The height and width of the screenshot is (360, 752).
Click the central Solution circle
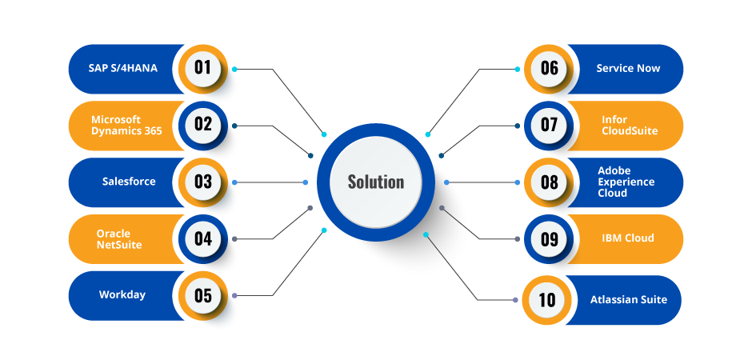click(376, 182)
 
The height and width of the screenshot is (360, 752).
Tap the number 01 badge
click(202, 67)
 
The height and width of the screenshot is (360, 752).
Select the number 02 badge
click(202, 125)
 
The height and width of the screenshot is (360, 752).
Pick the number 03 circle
click(202, 182)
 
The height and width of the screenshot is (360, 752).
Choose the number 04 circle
click(202, 238)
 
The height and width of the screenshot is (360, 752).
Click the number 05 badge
click(202, 295)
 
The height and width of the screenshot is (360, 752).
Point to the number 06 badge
click(549, 68)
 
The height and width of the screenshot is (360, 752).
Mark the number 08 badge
click(549, 182)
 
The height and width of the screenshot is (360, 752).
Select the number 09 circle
click(549, 239)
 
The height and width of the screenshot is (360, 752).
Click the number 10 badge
click(547, 300)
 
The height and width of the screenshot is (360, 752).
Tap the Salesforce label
click(129, 182)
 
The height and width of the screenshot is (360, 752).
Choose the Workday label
click(122, 294)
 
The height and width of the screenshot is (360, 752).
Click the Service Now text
click(628, 69)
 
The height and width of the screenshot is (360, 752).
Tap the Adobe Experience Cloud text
click(626, 182)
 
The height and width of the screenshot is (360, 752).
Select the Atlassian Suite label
click(628, 300)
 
